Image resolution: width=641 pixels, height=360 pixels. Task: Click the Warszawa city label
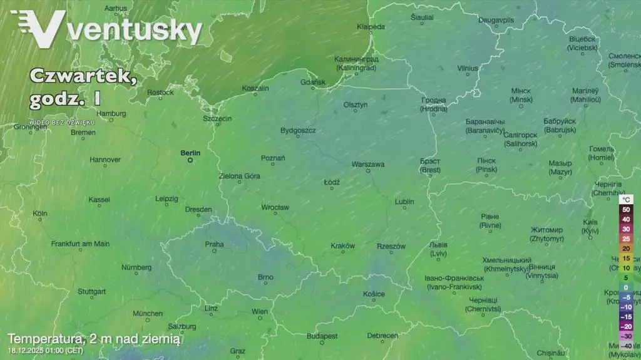pyautogui.click(x=368, y=164)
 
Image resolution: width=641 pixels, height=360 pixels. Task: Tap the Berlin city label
pyautogui.click(x=190, y=152)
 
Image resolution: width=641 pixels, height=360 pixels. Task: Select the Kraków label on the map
pyautogui.click(x=342, y=246)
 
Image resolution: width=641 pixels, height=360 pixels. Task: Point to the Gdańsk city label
pyautogui.click(x=313, y=82)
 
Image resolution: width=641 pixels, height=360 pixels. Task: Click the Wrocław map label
pyautogui.click(x=275, y=207)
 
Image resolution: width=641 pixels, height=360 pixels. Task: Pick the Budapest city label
pyautogui.click(x=322, y=336)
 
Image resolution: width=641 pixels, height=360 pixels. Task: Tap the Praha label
pyautogui.click(x=214, y=244)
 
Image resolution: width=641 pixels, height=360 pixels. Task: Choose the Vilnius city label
pyautogui.click(x=467, y=68)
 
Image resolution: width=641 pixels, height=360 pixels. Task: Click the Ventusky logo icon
pyautogui.click(x=39, y=29)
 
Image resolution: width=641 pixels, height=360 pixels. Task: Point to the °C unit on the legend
pyautogui.click(x=626, y=198)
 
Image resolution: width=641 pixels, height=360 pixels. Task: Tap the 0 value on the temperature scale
pyautogui.click(x=625, y=287)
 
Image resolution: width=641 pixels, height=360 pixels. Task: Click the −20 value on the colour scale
pyautogui.click(x=625, y=326)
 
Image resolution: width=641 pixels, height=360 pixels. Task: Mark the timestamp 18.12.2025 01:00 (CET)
pyautogui.click(x=45, y=351)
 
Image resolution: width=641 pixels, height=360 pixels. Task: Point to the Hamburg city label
pyautogui.click(x=111, y=113)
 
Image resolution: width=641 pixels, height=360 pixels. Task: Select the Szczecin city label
pyautogui.click(x=217, y=118)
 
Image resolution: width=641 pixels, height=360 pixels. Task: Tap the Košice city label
pyautogui.click(x=374, y=294)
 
